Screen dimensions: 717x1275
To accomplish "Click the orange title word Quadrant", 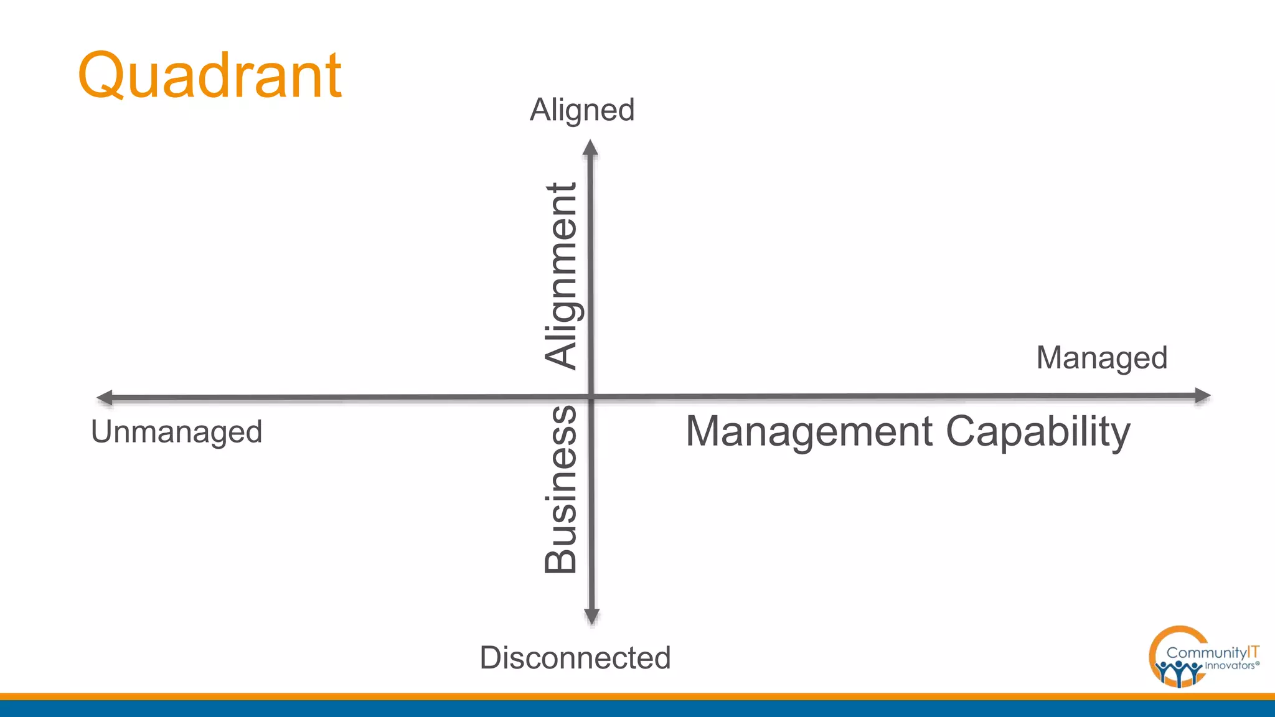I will point(210,75).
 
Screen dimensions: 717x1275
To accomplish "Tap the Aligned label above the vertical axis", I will point(582,110).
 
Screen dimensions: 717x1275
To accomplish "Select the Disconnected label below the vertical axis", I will point(575,658).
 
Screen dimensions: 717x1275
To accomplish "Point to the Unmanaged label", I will point(177,432).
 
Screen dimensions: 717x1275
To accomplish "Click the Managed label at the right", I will point(1101,358).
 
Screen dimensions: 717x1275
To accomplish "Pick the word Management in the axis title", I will point(809,431).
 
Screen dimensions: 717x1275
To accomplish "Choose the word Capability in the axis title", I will point(1038,431).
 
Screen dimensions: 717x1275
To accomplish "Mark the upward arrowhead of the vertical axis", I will point(590,148).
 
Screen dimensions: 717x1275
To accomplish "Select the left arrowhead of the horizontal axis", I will point(105,398).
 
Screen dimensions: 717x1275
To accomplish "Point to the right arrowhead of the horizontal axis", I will point(1202,395).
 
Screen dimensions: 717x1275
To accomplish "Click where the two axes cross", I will point(591,396).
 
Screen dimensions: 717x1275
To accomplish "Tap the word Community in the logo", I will point(1207,653).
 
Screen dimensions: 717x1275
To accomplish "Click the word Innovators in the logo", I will point(1230,665).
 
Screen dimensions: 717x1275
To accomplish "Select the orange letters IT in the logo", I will point(1253,652).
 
